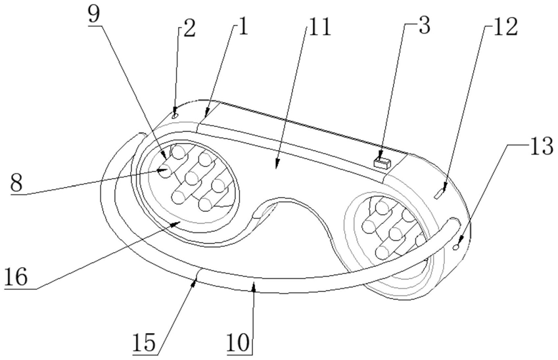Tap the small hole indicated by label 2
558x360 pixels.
coord(175,114)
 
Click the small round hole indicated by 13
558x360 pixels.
coord(456,246)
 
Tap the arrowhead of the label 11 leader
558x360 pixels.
coord(277,166)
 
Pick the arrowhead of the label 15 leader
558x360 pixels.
coord(195,280)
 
